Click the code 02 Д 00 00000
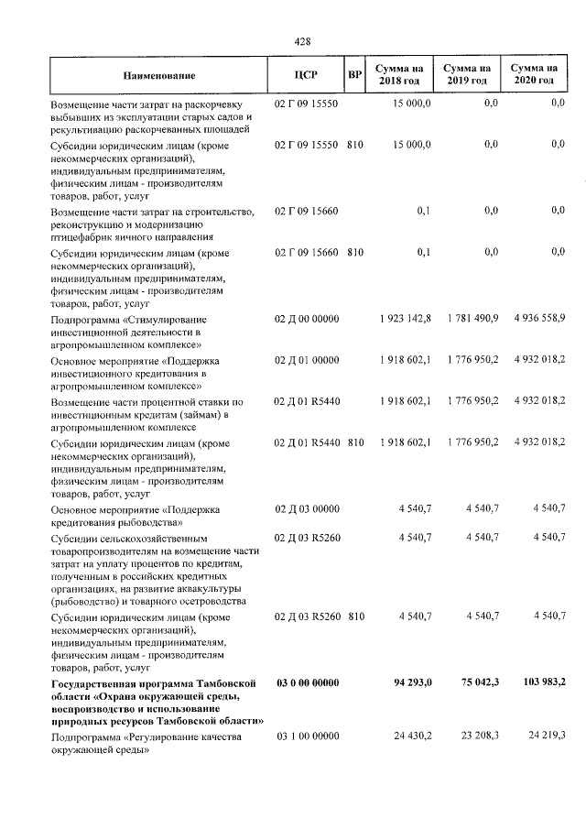click(x=308, y=318)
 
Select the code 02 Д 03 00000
click(x=308, y=507)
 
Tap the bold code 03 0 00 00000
click(x=308, y=682)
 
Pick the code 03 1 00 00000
click(x=308, y=736)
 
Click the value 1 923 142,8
click(x=404, y=318)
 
